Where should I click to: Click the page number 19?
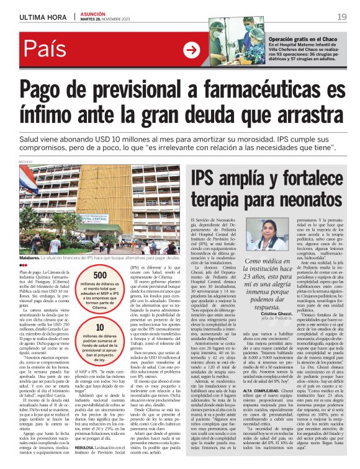coord(342,16)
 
